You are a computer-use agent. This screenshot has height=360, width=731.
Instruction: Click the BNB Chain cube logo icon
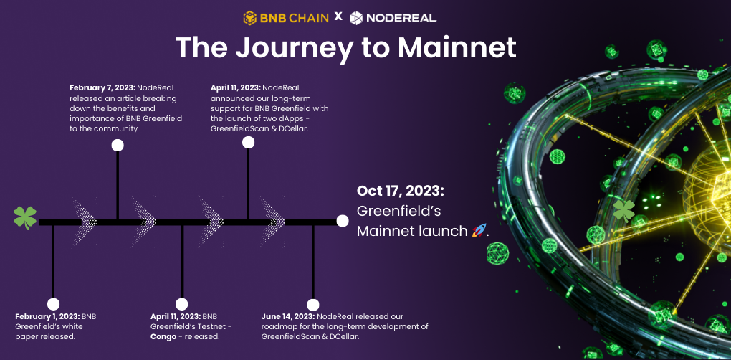[x=250, y=18]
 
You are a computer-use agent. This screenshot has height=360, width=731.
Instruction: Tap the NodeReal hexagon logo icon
[x=356, y=18]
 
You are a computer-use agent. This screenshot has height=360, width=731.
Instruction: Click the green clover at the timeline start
[x=24, y=218]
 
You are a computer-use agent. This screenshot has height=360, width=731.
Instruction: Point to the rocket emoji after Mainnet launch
[x=479, y=230]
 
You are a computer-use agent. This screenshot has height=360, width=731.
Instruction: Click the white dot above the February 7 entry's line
[x=118, y=145]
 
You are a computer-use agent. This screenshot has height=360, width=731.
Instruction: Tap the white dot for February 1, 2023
[x=53, y=305]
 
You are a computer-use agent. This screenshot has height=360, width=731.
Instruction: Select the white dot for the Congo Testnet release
[x=181, y=305]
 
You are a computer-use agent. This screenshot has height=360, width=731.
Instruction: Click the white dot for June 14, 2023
[x=312, y=305]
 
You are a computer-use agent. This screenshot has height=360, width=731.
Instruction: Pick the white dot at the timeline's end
[x=342, y=221]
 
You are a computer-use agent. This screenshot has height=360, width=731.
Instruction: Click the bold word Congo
[x=163, y=336]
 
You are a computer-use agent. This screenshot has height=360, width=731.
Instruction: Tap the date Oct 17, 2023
[x=401, y=191]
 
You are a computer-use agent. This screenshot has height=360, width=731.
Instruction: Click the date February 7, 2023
[x=102, y=87]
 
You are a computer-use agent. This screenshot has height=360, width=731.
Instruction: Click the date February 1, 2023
[x=47, y=317]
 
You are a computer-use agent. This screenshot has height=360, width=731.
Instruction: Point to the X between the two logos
[x=338, y=17]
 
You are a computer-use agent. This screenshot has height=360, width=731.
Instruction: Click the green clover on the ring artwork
[x=623, y=211]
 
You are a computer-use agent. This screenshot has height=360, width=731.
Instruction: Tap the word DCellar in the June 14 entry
[x=345, y=336]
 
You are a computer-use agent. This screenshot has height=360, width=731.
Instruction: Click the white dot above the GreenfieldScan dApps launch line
[x=248, y=142]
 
